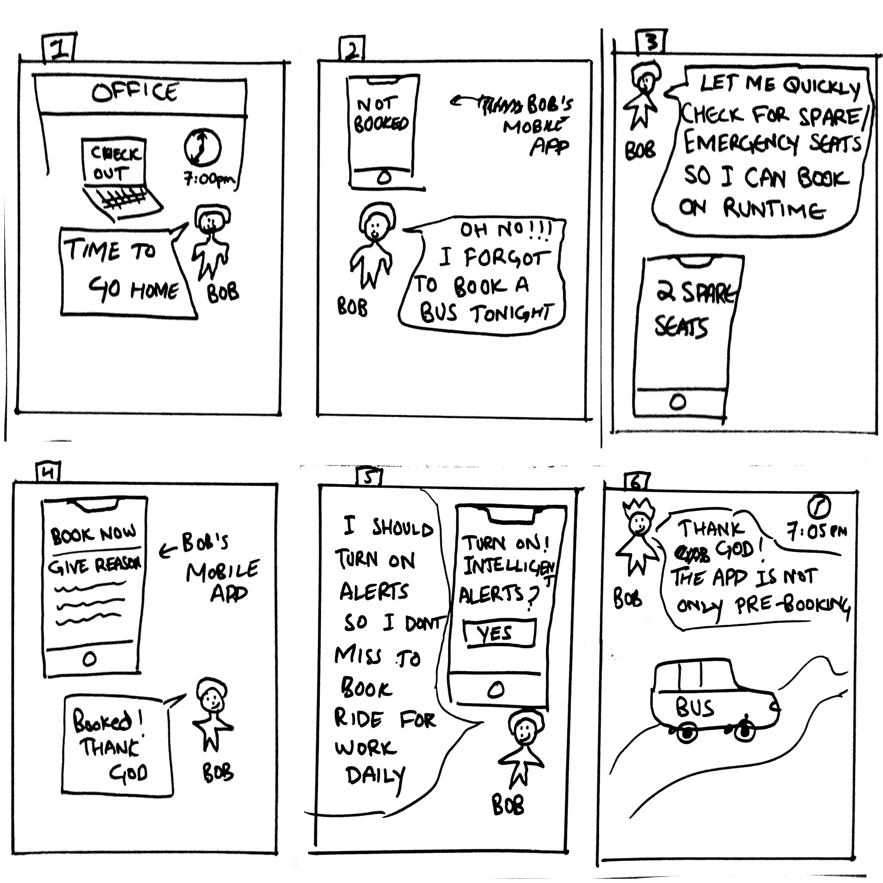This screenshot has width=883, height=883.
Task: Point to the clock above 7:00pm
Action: click(202, 148)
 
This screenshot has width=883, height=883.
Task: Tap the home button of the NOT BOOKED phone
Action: click(384, 177)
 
